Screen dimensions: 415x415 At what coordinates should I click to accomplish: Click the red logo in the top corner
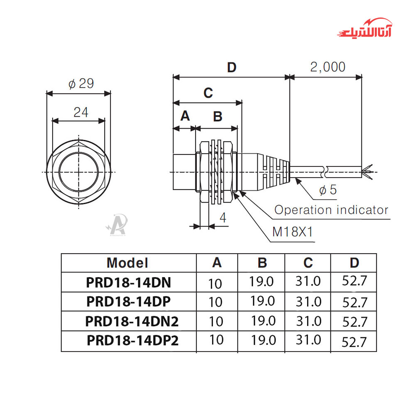[365, 29]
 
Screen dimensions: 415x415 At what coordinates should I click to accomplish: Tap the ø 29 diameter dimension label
[81, 84]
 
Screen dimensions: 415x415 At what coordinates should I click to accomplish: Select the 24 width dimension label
[81, 112]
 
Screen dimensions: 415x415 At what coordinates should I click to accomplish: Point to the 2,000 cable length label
[328, 67]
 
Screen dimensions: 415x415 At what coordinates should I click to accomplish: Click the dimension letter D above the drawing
[232, 68]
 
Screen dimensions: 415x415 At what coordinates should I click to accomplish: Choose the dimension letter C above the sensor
[208, 93]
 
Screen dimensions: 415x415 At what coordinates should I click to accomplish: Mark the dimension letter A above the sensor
[185, 116]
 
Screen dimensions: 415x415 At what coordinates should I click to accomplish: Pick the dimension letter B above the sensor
[217, 117]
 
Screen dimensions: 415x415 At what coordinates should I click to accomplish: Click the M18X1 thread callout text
[293, 232]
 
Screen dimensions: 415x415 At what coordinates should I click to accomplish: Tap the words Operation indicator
[331, 210]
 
